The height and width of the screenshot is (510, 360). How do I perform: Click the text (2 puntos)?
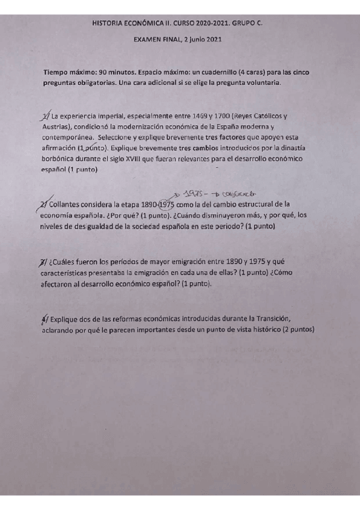(293, 329)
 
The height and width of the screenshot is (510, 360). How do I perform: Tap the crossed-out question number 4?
(42, 318)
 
